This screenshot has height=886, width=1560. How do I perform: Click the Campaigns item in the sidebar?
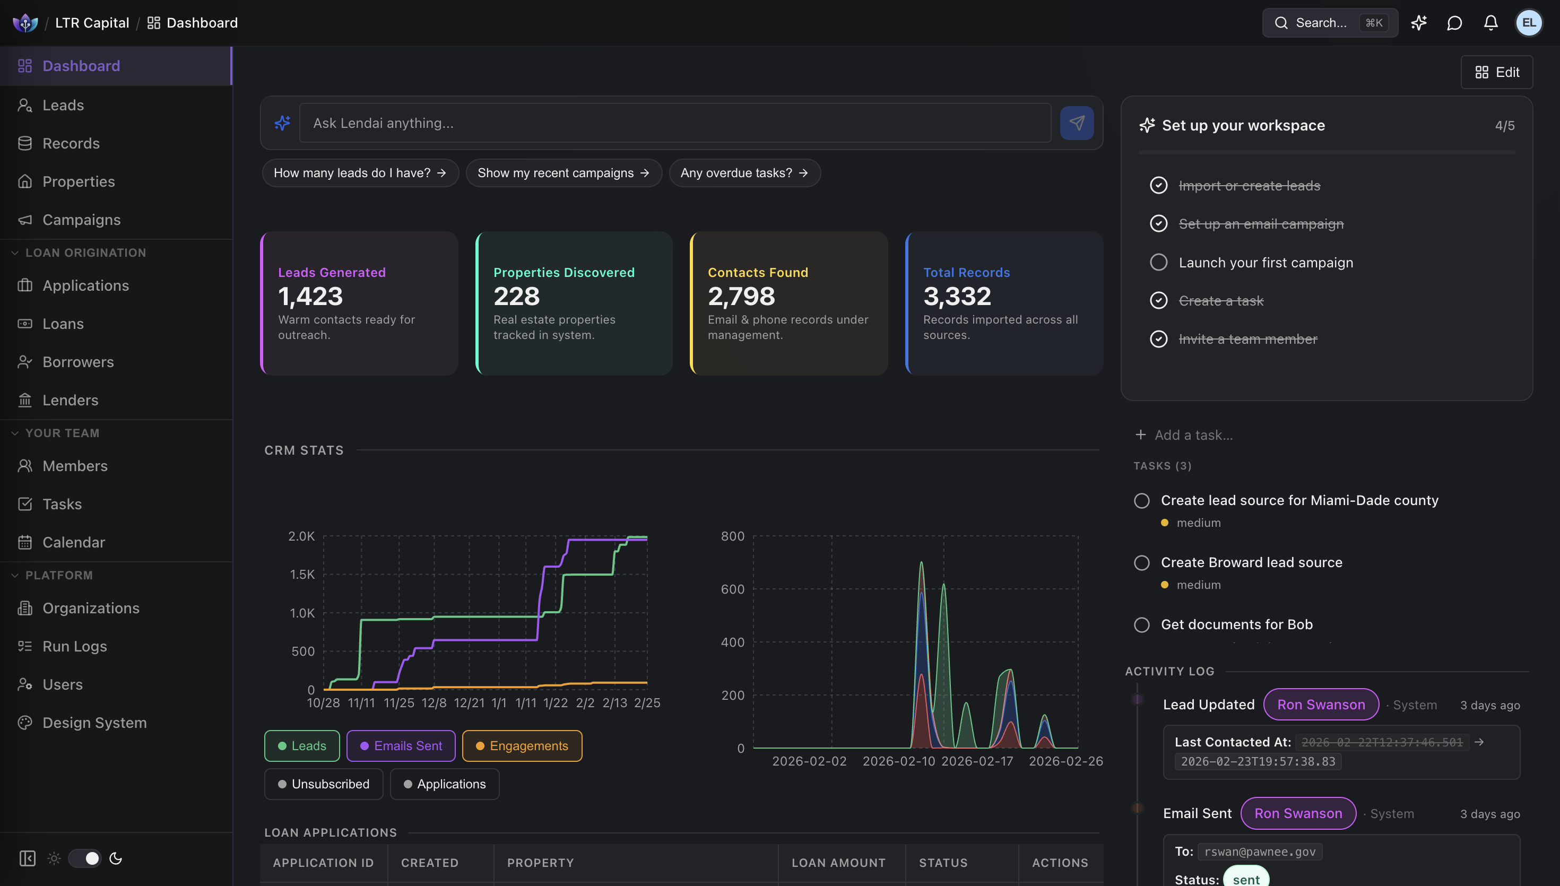pos(81,220)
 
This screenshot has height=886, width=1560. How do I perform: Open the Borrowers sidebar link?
pos(78,362)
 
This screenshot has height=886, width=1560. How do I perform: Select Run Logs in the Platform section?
pos(74,646)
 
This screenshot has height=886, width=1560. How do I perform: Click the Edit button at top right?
pos(1496,72)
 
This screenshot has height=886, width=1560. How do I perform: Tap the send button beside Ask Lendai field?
pos(1076,123)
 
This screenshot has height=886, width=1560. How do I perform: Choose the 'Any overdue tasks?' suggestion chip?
pos(744,173)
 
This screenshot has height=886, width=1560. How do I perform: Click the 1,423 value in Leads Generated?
pos(310,297)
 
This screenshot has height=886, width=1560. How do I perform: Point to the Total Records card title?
pos(966,273)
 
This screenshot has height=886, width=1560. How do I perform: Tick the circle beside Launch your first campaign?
pos(1158,262)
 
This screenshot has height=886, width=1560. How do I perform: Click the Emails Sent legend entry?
pos(401,746)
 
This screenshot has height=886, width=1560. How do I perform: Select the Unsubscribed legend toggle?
pos(324,784)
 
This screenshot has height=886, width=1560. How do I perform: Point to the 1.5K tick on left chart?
pos(302,575)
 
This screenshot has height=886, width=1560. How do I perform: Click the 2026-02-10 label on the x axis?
pos(898,761)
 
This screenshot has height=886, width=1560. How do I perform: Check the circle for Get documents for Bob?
pos(1141,625)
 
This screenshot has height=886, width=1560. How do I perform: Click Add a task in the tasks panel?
pos(1192,435)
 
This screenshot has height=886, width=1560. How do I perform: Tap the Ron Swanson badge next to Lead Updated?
pos(1320,705)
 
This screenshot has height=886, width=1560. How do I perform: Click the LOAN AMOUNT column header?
pos(838,863)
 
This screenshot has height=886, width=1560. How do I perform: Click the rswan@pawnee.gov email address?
pos(1260,852)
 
